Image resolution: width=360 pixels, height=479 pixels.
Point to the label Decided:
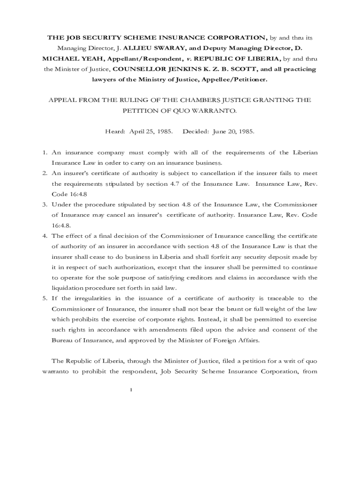pos(196,131)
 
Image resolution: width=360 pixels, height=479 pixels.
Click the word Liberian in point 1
pos(305,153)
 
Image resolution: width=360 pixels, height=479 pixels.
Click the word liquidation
pos(68,288)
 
